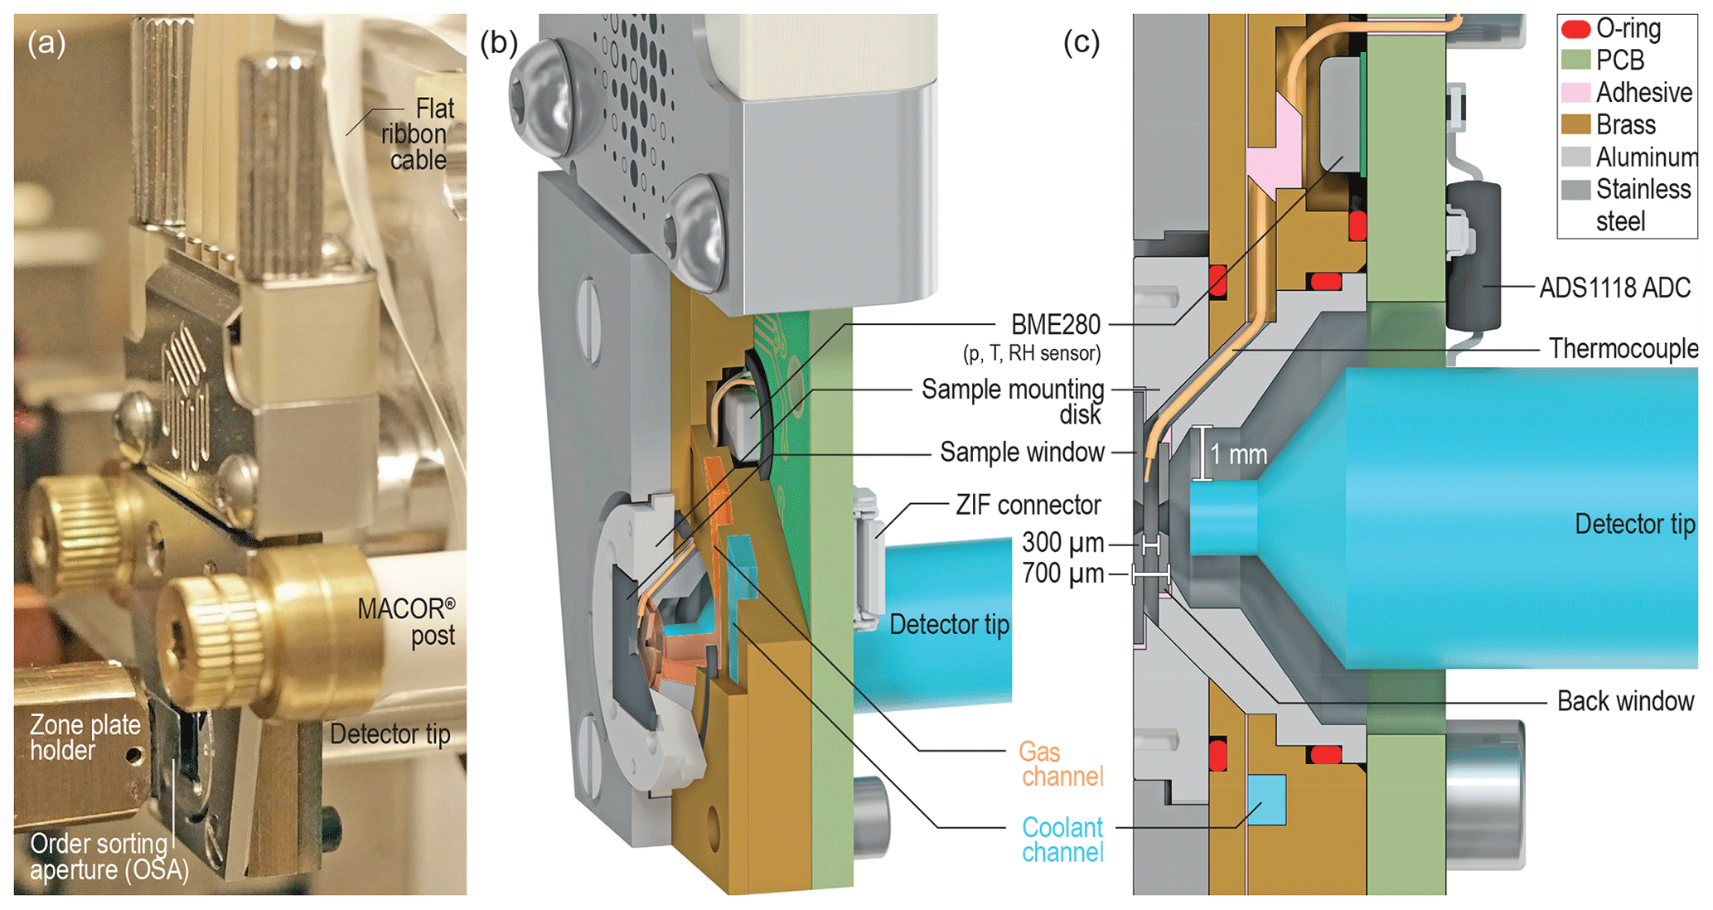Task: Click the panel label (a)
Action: pos(46,42)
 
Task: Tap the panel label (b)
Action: pos(499,42)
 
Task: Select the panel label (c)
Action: pos(1082,42)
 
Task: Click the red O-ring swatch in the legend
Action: pos(1575,29)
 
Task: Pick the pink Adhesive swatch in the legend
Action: pos(1575,92)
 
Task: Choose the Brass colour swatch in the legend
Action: pos(1575,124)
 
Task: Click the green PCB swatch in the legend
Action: pos(1575,61)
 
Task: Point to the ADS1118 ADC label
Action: pos(1614,288)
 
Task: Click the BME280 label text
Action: pos(1055,324)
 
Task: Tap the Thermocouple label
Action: pos(1623,349)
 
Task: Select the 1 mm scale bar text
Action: pos(1238,454)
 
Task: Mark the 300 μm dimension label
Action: pos(1062,543)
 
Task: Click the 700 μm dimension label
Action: pos(1062,574)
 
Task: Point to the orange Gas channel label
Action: pos(1061,764)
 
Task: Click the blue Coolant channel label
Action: pos(1062,840)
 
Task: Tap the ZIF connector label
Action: pos(1028,505)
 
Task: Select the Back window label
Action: pos(1625,701)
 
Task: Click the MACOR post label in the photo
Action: pos(406,622)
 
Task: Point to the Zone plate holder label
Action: pos(85,738)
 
